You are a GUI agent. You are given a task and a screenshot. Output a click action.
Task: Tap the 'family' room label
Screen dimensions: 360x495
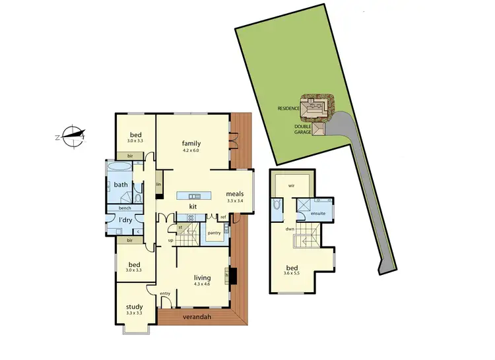tap(191, 143)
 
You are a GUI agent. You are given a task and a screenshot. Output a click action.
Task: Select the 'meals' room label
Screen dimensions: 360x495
tap(235, 194)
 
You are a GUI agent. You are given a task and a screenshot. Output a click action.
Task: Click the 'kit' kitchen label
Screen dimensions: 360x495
tap(193, 206)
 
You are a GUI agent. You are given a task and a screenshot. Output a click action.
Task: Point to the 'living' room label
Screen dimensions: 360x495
tap(202, 278)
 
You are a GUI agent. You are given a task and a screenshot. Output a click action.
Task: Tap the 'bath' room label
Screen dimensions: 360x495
tap(120, 185)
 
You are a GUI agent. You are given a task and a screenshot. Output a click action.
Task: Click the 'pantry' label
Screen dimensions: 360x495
tap(214, 232)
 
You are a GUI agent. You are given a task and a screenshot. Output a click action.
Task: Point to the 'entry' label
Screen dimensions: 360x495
tap(165, 294)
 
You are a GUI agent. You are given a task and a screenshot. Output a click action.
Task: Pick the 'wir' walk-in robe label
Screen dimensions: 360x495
tap(290, 186)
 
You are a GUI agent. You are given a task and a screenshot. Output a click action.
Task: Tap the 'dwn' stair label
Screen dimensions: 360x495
tap(290, 229)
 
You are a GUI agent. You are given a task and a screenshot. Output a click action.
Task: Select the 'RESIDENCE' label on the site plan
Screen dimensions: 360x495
tap(288, 108)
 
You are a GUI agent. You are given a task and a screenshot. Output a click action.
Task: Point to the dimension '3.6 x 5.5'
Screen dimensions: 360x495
tap(291, 273)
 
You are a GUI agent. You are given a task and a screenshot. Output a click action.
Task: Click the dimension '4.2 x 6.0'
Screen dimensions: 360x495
tap(191, 151)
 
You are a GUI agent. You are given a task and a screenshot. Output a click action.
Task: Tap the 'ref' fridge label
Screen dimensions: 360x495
tap(223, 217)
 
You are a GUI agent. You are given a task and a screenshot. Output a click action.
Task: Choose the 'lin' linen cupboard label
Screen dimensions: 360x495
tap(159, 185)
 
